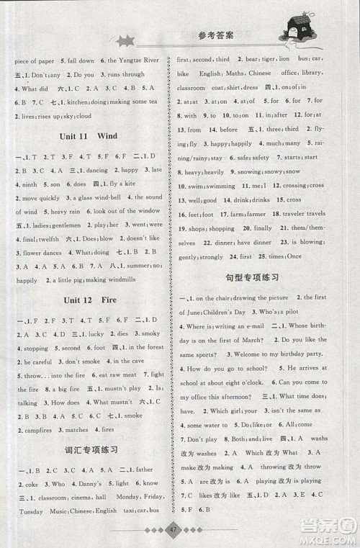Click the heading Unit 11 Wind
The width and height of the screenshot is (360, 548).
pyautogui.click(x=87, y=135)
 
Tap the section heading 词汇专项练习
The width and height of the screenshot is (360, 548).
pyautogui.click(x=86, y=450)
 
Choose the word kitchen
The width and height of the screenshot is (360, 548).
pyautogui.click(x=79, y=103)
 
